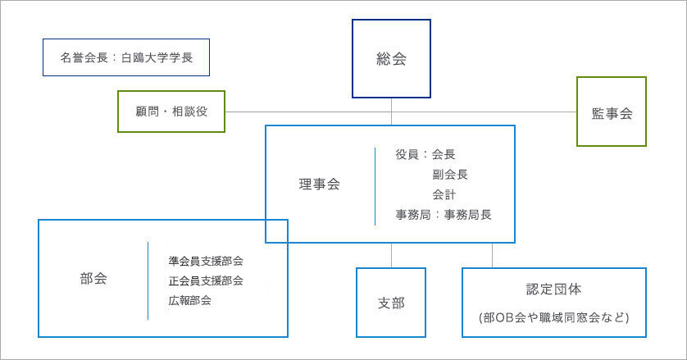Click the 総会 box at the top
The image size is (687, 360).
(391, 59)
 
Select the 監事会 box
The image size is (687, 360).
(611, 112)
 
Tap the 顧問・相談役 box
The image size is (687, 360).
(171, 112)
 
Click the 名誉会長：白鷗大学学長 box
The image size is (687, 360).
(125, 58)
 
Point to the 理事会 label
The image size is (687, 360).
(319, 185)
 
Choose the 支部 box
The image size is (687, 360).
(391, 303)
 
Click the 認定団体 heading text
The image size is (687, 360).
(553, 289)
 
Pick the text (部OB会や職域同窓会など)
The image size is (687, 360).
(553, 317)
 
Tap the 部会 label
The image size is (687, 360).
(93, 278)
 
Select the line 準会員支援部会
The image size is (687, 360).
(206, 261)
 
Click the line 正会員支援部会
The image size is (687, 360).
(206, 280)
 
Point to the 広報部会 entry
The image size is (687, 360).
(190, 300)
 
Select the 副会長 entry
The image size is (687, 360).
(450, 174)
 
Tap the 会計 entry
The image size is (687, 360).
(444, 194)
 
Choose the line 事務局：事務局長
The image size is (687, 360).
(443, 215)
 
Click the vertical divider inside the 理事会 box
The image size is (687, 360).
(375, 185)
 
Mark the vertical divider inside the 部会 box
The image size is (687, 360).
(148, 280)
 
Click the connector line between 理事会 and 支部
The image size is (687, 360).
(391, 255)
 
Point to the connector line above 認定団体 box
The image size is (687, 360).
(493, 255)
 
